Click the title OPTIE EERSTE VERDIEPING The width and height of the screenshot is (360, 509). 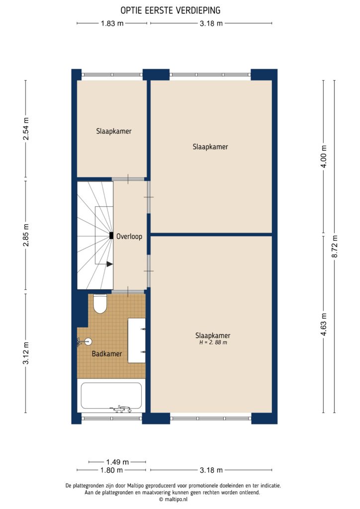click(171, 10)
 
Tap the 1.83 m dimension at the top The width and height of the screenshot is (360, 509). click(112, 23)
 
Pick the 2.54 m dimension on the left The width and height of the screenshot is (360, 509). click(26, 128)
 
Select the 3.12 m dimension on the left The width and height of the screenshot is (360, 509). click(26, 353)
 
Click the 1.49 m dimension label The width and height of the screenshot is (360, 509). click(118, 461)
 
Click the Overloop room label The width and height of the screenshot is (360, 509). click(129, 237)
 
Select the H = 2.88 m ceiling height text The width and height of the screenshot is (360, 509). click(213, 342)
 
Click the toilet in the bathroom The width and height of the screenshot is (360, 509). click(100, 304)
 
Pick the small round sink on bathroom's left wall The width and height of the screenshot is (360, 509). click(89, 341)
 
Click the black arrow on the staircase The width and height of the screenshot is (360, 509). click(109, 264)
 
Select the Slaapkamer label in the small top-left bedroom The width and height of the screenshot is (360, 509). click(114, 131)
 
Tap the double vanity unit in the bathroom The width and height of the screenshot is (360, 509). click(136, 340)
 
